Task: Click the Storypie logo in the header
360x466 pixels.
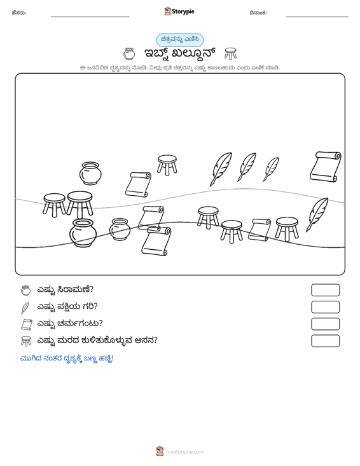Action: (179, 11)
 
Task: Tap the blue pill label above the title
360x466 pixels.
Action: (180, 39)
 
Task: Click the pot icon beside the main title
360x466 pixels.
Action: (129, 54)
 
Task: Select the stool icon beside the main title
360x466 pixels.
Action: (230, 53)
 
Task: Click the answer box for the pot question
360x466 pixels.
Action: (325, 290)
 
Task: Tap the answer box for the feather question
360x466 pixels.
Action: (325, 307)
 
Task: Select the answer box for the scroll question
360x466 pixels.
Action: (325, 324)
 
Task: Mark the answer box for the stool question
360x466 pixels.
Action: (325, 341)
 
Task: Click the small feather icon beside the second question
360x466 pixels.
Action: (25, 308)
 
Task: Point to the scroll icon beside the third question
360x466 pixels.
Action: (26, 324)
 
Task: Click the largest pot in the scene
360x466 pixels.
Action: (83, 233)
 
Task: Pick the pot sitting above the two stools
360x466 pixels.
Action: (90, 174)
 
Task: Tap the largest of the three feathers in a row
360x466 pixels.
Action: (221, 169)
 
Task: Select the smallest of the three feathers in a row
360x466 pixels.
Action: (271, 169)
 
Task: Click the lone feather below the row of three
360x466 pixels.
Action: (317, 215)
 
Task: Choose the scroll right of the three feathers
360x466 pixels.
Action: (326, 167)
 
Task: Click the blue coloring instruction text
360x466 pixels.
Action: (67, 359)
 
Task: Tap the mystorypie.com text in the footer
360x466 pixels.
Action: (184, 452)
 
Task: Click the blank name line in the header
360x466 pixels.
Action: (90, 17)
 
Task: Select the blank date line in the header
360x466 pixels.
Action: (317, 17)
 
